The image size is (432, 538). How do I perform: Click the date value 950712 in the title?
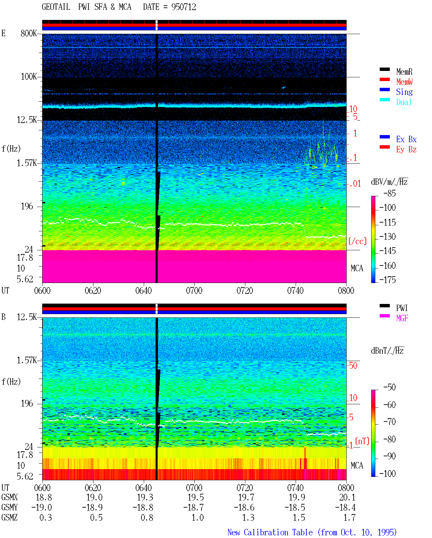click(x=184, y=7)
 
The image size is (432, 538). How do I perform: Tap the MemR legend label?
click(x=404, y=72)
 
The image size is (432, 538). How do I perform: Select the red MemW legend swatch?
click(x=384, y=79)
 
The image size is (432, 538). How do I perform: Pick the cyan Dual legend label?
click(x=404, y=102)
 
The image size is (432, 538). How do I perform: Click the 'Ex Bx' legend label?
click(x=406, y=139)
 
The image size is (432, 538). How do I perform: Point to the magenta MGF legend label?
click(x=402, y=318)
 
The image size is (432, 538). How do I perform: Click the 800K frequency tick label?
click(x=29, y=33)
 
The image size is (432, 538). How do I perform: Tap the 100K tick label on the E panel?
click(x=29, y=77)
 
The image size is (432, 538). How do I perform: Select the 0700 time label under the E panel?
click(x=194, y=290)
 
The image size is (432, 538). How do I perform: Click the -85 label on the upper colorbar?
click(x=389, y=193)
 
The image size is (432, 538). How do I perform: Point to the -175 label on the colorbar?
click(x=387, y=280)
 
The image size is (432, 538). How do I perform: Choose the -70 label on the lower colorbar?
click(x=389, y=421)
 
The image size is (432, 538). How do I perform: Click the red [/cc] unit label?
click(x=357, y=241)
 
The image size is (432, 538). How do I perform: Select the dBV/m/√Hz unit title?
click(x=389, y=181)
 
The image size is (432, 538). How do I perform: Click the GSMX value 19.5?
click(x=196, y=497)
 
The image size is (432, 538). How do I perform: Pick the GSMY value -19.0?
click(x=42, y=508)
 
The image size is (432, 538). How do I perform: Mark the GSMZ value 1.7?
click(x=349, y=517)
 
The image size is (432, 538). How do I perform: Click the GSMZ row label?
click(x=9, y=517)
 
